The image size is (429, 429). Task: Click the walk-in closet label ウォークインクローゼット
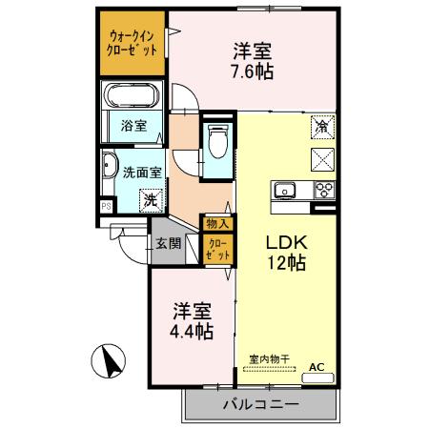click(x=133, y=43)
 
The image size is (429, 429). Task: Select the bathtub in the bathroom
click(x=133, y=97)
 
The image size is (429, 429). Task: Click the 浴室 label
click(x=133, y=125)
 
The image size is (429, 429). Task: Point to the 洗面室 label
click(x=143, y=173)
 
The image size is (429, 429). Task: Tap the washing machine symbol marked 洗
click(x=150, y=200)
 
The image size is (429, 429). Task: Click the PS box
click(x=106, y=204)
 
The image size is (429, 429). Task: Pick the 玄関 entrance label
click(x=169, y=242)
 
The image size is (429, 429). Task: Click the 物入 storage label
click(x=216, y=224)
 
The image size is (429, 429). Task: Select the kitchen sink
click(x=285, y=189)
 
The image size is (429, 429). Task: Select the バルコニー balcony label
click(x=260, y=404)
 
